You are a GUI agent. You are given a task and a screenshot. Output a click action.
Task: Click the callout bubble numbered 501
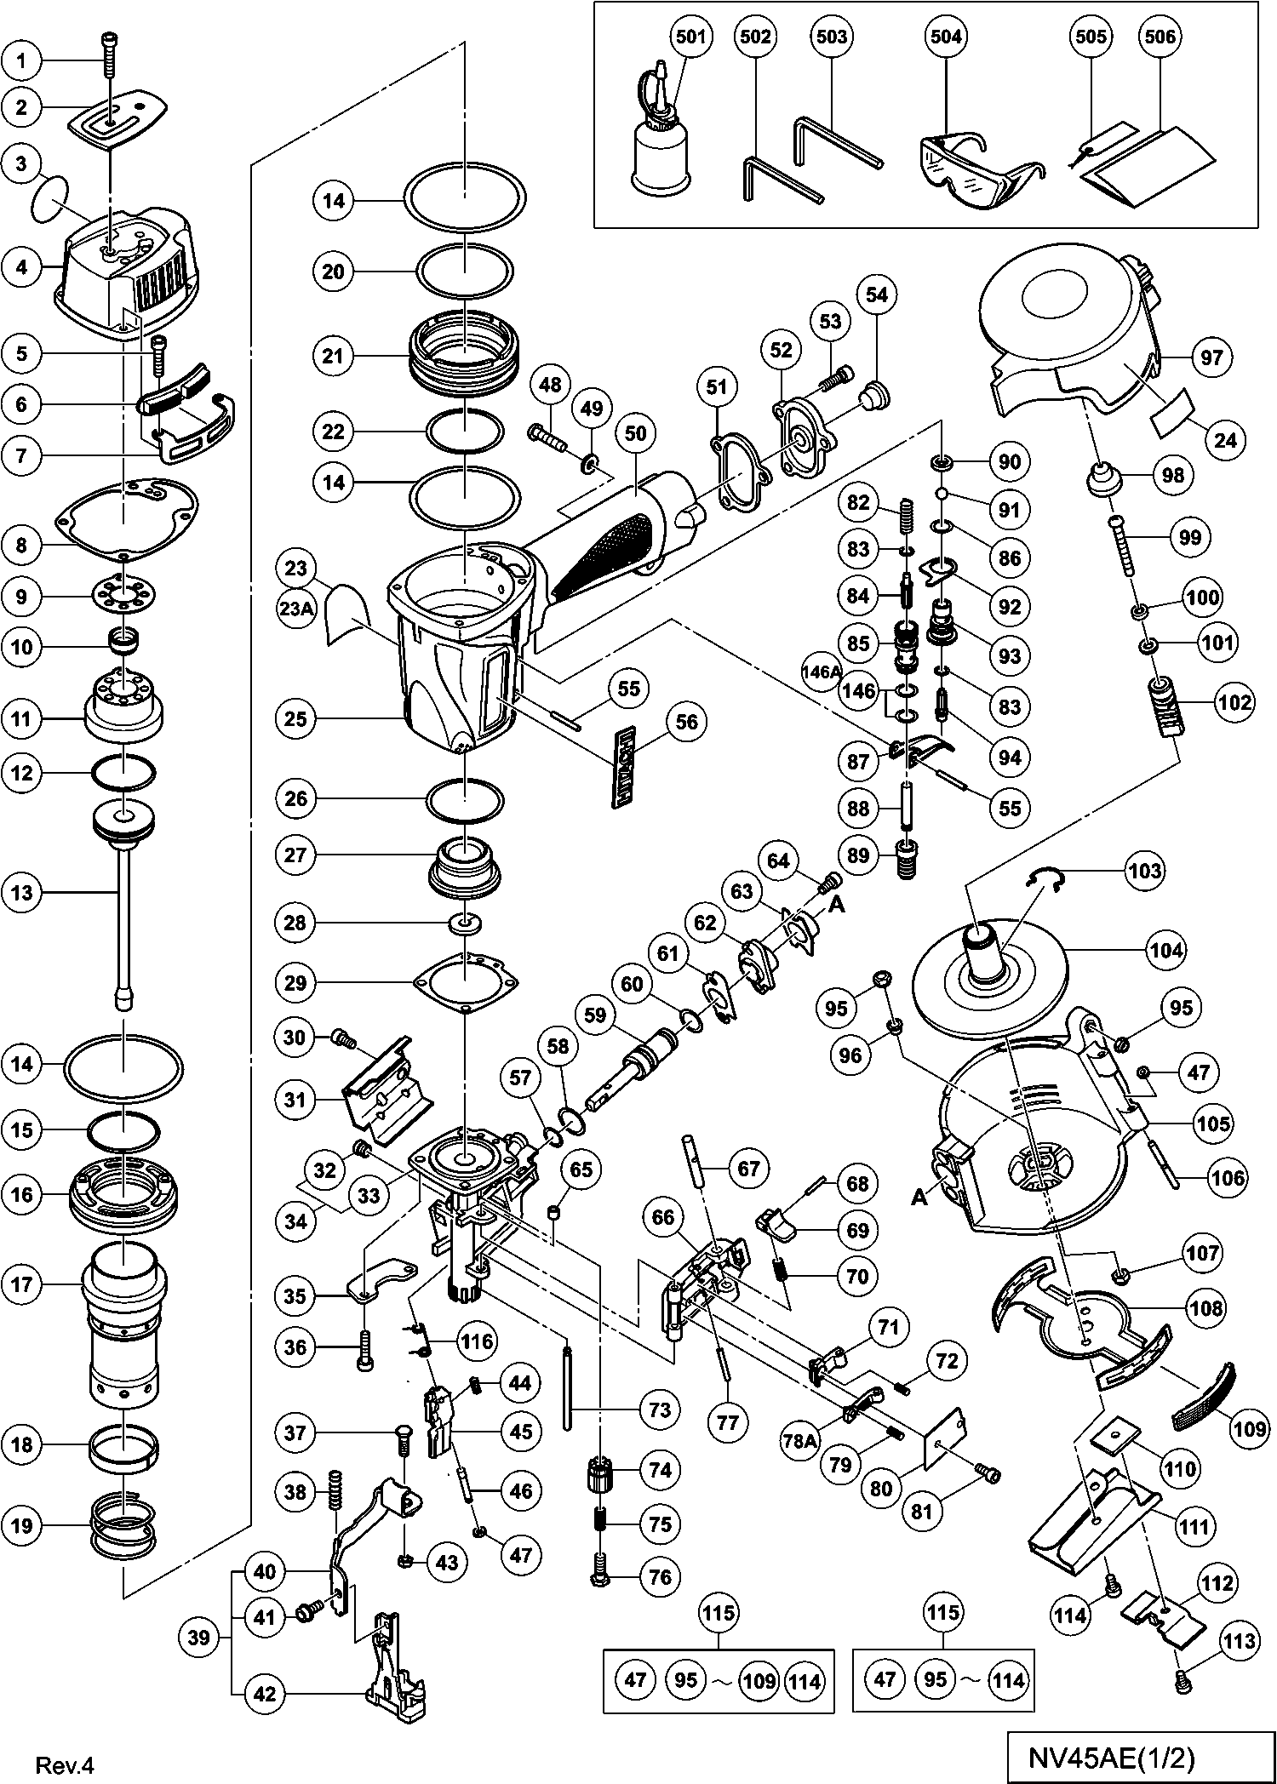coord(690,37)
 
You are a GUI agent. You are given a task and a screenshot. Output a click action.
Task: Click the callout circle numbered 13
coord(22,892)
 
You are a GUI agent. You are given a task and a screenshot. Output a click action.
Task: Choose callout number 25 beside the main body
coord(296,719)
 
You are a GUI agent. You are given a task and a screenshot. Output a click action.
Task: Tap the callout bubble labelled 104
coord(1166,950)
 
